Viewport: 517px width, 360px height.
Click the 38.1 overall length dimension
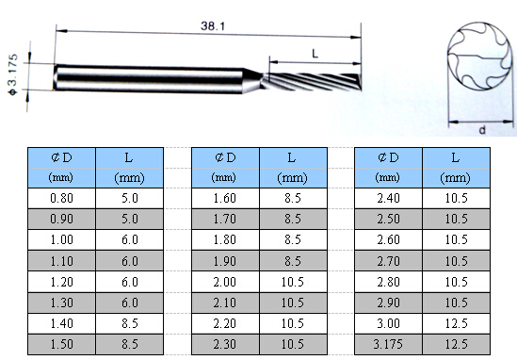click(x=213, y=26)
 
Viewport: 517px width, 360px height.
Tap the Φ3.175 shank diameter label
click(x=13, y=74)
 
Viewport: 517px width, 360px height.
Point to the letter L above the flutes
click(x=315, y=54)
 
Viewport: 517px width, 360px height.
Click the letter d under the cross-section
click(x=482, y=130)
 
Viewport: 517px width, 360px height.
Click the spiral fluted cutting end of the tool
click(x=312, y=82)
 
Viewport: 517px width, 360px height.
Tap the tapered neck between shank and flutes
click(x=253, y=81)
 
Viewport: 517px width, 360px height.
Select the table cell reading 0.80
click(x=61, y=198)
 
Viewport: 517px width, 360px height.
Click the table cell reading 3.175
click(x=388, y=344)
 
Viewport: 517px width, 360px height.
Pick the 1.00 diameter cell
click(x=61, y=239)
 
